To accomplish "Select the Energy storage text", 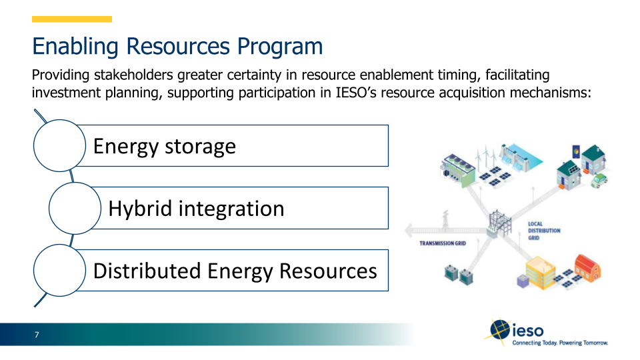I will click(164, 146).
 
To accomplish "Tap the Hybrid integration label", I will click(196, 209).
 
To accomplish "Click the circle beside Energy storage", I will click(60, 145).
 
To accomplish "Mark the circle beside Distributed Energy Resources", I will click(60, 271).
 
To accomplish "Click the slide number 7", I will click(37, 335).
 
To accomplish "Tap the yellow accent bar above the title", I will click(72, 19).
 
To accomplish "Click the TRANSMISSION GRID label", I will click(442, 243).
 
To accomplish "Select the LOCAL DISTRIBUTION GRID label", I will click(543, 231).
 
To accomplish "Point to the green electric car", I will click(600, 179).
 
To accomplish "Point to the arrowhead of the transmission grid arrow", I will click(409, 233).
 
